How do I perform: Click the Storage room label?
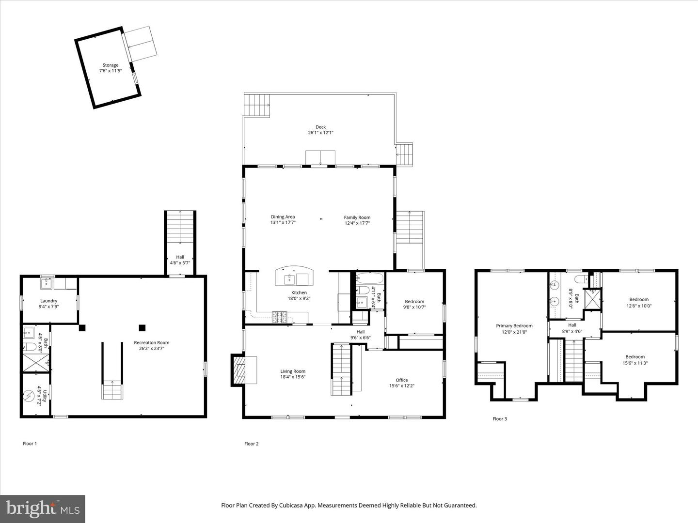coord(110,65)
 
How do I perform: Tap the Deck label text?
coord(320,127)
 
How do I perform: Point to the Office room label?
coord(401,380)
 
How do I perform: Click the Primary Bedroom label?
coord(514,326)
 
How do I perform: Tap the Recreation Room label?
coord(152,343)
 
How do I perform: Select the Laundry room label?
coord(48,301)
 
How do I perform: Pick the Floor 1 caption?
coord(30,444)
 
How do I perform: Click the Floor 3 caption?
coord(499,419)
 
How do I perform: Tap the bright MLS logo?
coord(43,508)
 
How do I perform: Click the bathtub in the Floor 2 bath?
coord(370,278)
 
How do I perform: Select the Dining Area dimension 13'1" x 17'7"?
coord(283,223)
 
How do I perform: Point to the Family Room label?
coord(357,217)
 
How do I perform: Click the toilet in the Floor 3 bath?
coord(580,279)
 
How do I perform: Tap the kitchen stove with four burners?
coord(280,317)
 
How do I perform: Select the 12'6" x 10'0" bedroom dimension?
coord(638,306)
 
